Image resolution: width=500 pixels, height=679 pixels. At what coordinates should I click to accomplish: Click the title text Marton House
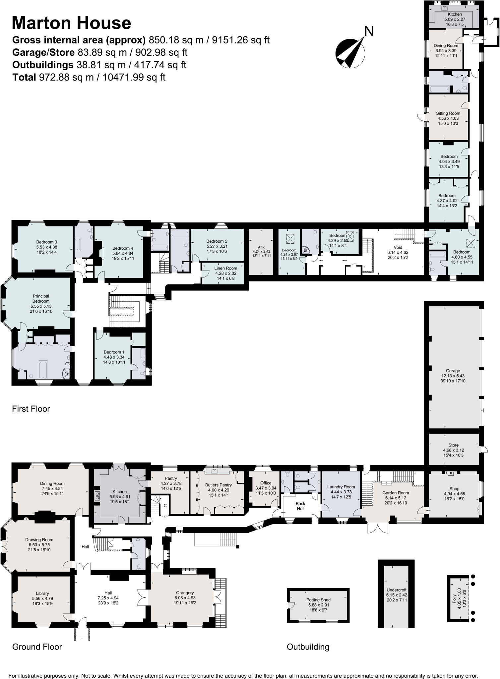(x=71, y=23)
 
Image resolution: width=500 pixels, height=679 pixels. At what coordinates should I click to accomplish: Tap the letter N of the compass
(x=369, y=31)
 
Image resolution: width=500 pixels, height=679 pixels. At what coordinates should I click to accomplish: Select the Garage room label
(x=453, y=371)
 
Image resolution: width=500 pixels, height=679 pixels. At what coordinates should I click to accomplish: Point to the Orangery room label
(x=185, y=592)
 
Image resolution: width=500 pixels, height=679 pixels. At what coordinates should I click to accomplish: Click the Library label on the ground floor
(x=42, y=593)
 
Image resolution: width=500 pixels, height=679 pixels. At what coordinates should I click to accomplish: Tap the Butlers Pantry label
(x=218, y=485)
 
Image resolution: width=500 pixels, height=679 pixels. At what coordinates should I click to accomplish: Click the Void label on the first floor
(x=398, y=247)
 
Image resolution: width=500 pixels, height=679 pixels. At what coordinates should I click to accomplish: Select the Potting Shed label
(x=318, y=600)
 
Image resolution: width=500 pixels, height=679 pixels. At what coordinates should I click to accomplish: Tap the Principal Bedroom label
(x=41, y=299)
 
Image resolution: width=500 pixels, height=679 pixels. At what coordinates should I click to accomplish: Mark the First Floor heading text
(x=31, y=409)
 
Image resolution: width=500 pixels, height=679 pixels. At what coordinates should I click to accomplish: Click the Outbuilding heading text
(x=308, y=647)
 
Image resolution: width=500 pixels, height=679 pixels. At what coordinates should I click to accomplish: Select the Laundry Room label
(x=341, y=487)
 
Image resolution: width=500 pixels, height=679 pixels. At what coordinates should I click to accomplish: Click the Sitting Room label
(x=448, y=113)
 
